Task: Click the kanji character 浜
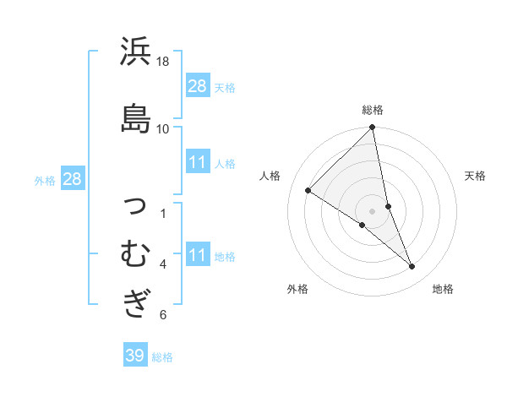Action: [136, 53]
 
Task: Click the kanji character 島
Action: [136, 117]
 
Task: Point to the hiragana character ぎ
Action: [136, 302]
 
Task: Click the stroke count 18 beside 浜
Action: [163, 62]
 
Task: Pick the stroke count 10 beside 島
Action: [163, 128]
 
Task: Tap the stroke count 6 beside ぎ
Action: [163, 315]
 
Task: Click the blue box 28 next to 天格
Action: [198, 85]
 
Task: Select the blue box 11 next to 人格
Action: [198, 162]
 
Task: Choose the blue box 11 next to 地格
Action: [198, 255]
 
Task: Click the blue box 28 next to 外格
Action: [72, 178]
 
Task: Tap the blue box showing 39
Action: [134, 356]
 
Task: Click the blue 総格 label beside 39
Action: [163, 357]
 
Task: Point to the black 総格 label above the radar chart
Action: [373, 110]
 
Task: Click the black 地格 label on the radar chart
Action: [443, 289]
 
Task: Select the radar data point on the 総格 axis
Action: [373, 128]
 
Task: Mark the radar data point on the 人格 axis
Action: [308, 190]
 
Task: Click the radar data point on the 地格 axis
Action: [412, 267]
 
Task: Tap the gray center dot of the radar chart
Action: [373, 211]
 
